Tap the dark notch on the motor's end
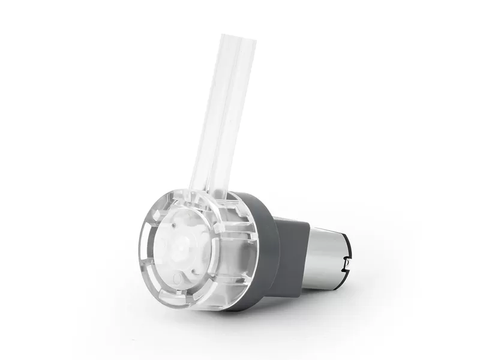pos(346,262)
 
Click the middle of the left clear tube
pos(207,114)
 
